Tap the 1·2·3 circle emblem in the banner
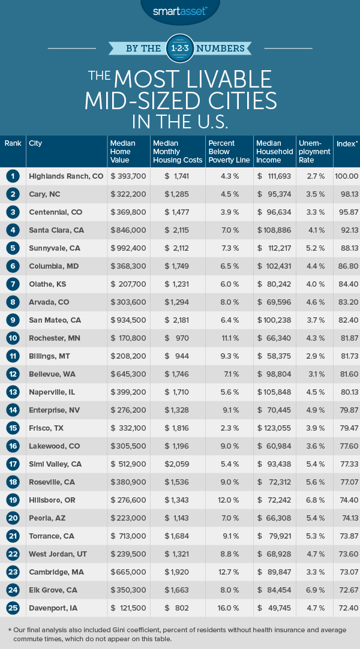[180, 48]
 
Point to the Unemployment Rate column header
[314, 152]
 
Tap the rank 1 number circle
[13, 176]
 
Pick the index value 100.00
[346, 176]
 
